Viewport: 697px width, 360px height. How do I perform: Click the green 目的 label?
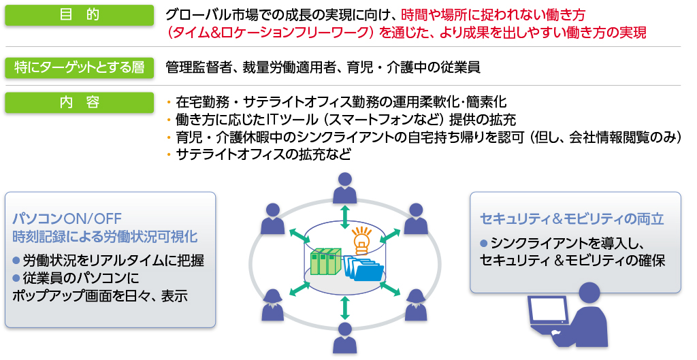78,16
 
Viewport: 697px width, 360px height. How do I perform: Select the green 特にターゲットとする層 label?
78,67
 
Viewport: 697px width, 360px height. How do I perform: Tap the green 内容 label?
78,103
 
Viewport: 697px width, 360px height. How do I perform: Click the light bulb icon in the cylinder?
361,239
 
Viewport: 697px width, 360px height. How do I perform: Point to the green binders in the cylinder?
324,262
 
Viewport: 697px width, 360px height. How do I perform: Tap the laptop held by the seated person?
548,317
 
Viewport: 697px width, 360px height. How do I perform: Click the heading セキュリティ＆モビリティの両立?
572,219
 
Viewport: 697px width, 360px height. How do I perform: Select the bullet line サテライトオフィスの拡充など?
263,154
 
